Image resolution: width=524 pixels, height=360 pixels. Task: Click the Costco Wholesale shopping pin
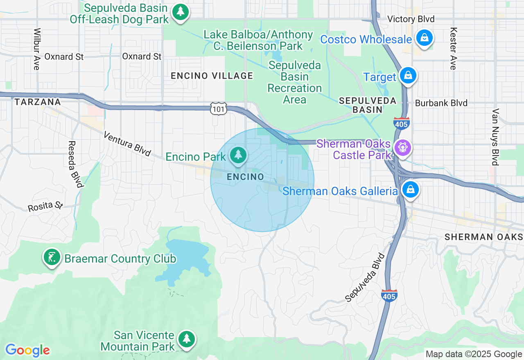(425, 38)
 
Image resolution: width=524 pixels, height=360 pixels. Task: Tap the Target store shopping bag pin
(408, 76)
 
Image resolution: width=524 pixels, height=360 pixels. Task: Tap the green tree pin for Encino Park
(238, 155)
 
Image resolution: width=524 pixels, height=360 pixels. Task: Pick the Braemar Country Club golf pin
(52, 258)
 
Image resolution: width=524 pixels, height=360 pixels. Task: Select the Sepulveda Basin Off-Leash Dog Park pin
(180, 12)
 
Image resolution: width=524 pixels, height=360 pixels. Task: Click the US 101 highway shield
(217, 109)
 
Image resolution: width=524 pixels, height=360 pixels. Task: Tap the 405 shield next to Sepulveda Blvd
(388, 295)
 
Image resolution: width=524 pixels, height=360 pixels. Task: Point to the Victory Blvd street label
(411, 19)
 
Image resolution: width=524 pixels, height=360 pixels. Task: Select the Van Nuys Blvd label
(496, 137)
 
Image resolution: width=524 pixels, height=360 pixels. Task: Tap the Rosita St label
(45, 206)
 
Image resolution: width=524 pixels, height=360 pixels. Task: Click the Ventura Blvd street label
(127, 144)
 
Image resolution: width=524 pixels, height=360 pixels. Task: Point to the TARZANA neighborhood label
(38, 102)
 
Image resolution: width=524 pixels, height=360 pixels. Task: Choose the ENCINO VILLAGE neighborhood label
(212, 76)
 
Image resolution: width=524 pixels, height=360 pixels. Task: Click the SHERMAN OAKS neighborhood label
(483, 237)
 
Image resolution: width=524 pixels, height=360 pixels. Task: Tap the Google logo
(27, 350)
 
